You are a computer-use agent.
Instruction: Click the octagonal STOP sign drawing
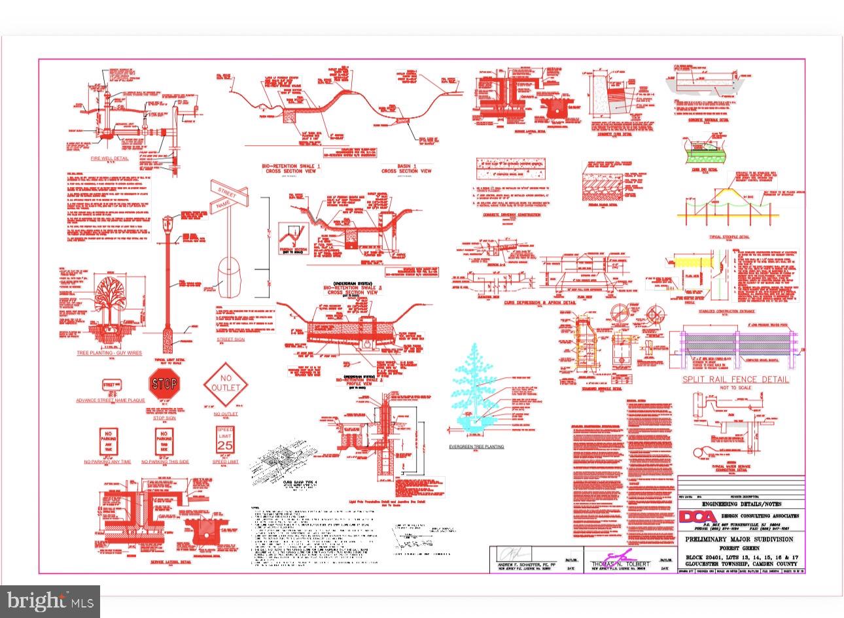(164, 383)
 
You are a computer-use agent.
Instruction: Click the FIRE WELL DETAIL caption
(109, 158)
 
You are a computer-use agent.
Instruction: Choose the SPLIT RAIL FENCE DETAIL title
(735, 379)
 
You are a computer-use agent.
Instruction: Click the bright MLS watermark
(50, 600)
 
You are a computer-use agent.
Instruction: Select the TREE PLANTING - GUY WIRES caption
(109, 353)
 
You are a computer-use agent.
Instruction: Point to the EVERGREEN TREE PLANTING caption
(476, 447)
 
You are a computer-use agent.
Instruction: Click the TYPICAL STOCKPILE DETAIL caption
(730, 237)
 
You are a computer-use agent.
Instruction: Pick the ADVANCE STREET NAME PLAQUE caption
(111, 400)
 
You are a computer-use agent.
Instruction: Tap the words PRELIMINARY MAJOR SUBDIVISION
(739, 540)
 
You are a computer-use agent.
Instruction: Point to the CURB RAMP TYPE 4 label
(299, 482)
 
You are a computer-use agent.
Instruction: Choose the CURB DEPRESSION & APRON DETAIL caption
(540, 303)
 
